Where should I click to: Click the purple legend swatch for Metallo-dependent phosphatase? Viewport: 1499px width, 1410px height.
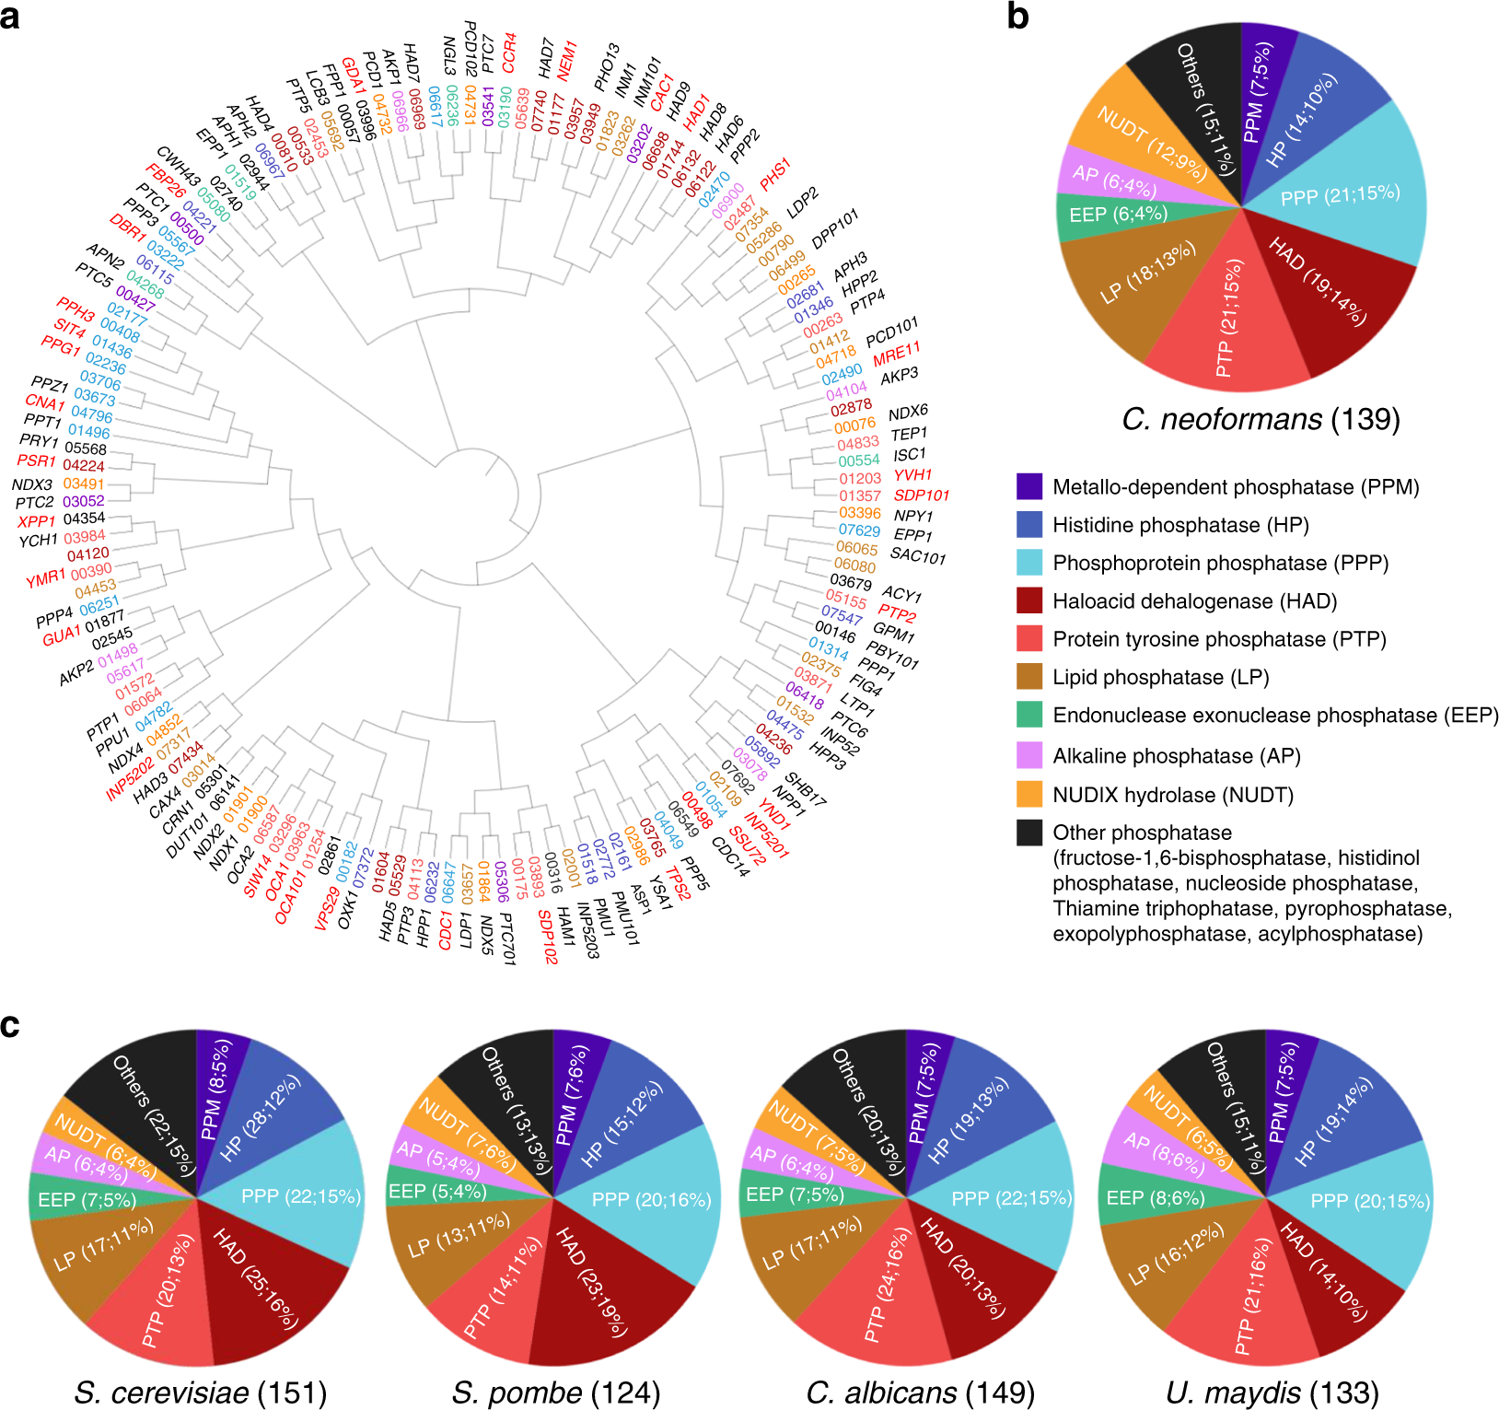(x=1029, y=486)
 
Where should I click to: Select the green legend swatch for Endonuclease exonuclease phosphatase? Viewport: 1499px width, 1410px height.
(x=1029, y=715)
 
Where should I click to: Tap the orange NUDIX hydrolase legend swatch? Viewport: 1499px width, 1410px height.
(x=1029, y=794)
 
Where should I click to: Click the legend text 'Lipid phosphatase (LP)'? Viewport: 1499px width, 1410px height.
(x=1161, y=678)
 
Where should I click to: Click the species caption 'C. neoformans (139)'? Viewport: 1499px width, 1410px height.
(x=1261, y=419)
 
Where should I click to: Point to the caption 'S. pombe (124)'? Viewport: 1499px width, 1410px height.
(x=556, y=1393)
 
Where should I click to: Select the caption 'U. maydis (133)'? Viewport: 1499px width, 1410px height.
(x=1272, y=1393)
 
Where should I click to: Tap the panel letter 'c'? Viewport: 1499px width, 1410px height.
(x=10, y=1024)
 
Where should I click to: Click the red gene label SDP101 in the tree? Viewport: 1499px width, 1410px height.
(x=922, y=495)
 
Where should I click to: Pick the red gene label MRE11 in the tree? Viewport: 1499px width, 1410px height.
(x=897, y=354)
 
